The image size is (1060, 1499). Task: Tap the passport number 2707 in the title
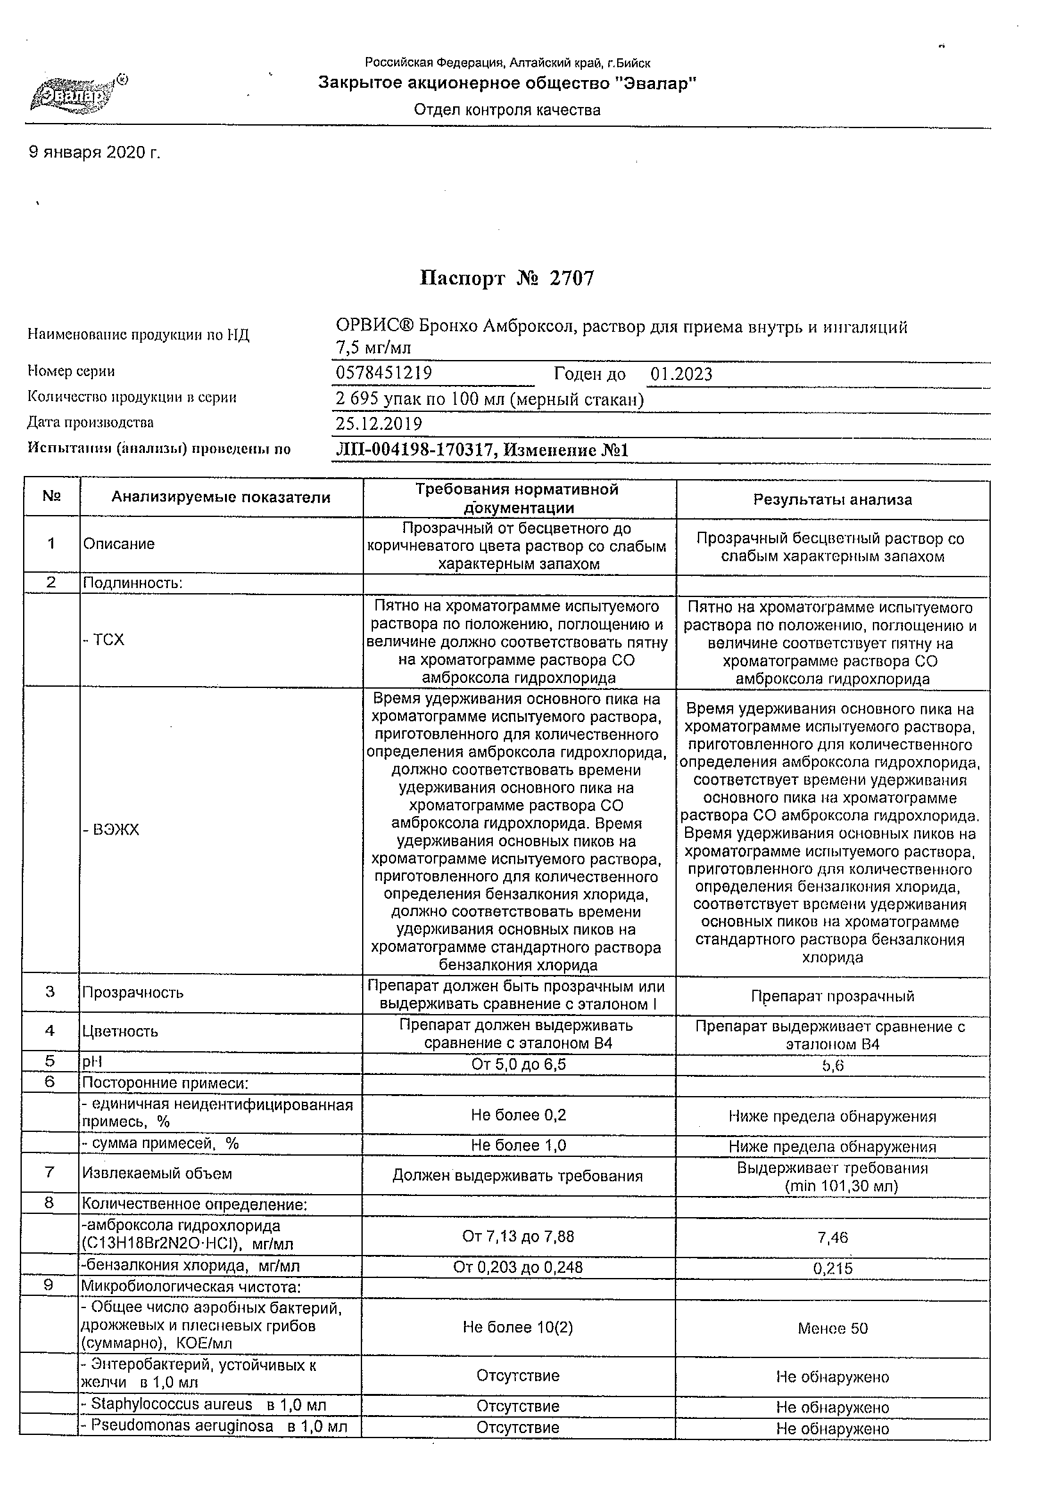click(572, 279)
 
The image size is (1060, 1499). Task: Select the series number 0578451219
click(383, 373)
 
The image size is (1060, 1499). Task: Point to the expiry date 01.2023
click(681, 374)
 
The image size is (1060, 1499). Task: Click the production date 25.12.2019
click(379, 423)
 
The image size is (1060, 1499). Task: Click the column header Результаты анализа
click(832, 500)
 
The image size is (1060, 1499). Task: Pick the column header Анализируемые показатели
click(220, 498)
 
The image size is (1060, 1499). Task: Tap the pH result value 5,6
click(833, 1066)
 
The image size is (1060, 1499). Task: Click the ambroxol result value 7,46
click(832, 1237)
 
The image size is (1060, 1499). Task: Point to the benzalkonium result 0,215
click(832, 1268)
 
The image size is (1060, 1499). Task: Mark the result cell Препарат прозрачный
click(832, 996)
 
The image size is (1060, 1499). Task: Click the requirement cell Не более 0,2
click(518, 1115)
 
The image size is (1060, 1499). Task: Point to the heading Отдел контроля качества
click(507, 110)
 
